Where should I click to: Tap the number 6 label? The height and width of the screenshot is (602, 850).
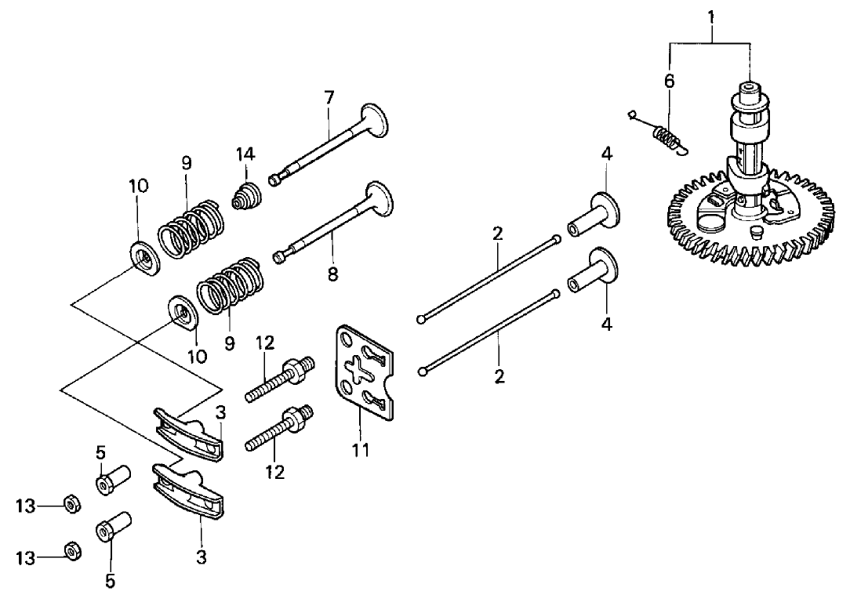[669, 81]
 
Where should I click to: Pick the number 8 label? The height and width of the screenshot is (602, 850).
[332, 276]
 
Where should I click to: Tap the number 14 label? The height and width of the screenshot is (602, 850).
[245, 154]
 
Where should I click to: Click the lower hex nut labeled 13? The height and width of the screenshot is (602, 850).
[71, 553]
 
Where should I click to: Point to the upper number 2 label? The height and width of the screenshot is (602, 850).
[498, 234]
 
